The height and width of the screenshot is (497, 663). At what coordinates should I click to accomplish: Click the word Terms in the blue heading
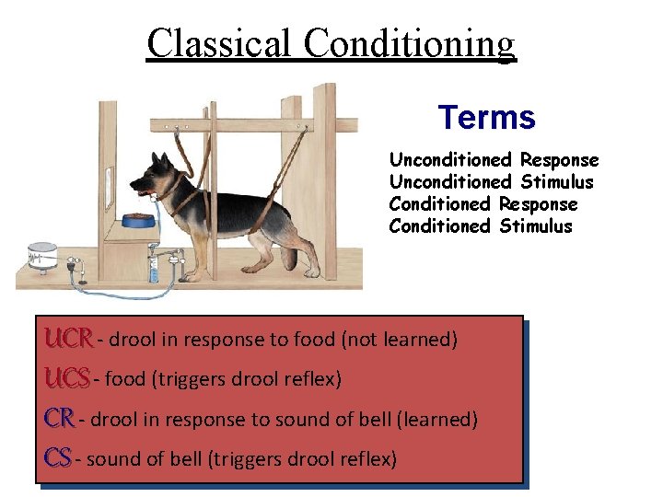pyautogui.click(x=486, y=118)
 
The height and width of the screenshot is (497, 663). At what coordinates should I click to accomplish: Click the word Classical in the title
pyautogui.click(x=221, y=42)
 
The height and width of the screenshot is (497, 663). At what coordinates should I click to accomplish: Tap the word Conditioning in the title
pyautogui.click(x=410, y=42)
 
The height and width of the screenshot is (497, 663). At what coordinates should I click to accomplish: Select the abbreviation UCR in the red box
pyautogui.click(x=68, y=339)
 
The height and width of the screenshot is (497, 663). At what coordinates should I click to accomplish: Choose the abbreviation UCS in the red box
pyautogui.click(x=67, y=378)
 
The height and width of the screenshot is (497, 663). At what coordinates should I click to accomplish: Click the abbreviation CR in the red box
pyautogui.click(x=60, y=418)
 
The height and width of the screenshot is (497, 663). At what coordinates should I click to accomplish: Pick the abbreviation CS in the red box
pyautogui.click(x=58, y=457)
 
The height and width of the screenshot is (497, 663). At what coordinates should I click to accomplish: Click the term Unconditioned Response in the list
pyautogui.click(x=494, y=160)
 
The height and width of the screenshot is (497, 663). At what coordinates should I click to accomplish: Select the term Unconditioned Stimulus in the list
pyautogui.click(x=491, y=182)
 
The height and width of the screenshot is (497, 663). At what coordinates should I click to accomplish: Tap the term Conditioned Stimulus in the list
pyautogui.click(x=480, y=226)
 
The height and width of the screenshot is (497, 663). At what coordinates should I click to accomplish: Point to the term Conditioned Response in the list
pyautogui.click(x=483, y=204)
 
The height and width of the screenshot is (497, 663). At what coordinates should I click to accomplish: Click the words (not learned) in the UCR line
pyautogui.click(x=399, y=340)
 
